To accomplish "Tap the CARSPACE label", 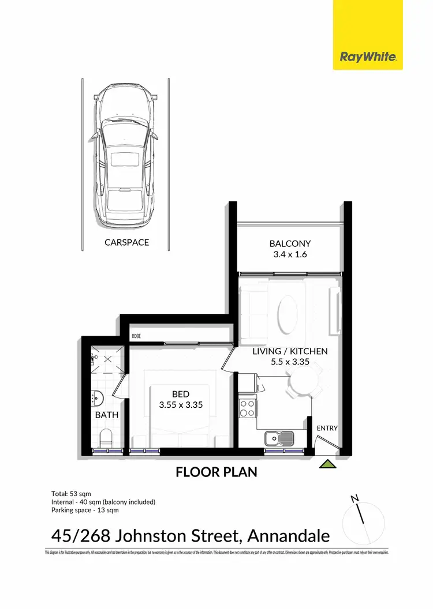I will pos(126,242).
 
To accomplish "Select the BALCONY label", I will pos(290,244).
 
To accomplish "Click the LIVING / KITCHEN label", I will pos(290,351).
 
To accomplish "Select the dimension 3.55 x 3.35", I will pos(180,405).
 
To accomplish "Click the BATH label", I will pos(107,414).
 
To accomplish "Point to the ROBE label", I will pos(136,336).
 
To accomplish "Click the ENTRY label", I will pos(327,429).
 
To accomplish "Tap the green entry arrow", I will pos(327,463).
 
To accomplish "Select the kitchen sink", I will pos(278,438).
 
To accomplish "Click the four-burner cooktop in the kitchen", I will pos(248,408).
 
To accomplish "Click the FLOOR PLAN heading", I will pos(216,473).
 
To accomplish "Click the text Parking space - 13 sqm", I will pos(85,510).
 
